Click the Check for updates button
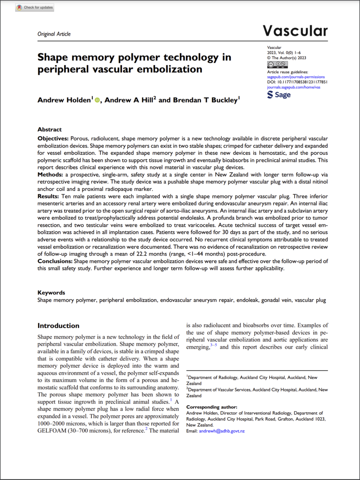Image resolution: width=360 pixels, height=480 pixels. coord(34,7)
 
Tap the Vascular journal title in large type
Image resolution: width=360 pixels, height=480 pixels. coord(295,31)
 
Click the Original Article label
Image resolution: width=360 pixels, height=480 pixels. coord(54,34)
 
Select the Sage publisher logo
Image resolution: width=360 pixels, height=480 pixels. coord(279,95)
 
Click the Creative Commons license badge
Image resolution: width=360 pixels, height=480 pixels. coord(277,65)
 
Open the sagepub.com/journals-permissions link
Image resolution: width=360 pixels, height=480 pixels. coord(296,77)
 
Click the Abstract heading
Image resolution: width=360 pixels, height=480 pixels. coord(49,129)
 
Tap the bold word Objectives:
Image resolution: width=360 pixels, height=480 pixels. coord(53,139)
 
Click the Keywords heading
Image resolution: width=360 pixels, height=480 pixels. coord(51,293)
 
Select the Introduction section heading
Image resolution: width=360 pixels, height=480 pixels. coord(58,326)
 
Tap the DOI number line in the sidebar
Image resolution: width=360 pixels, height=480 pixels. coord(297,82)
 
